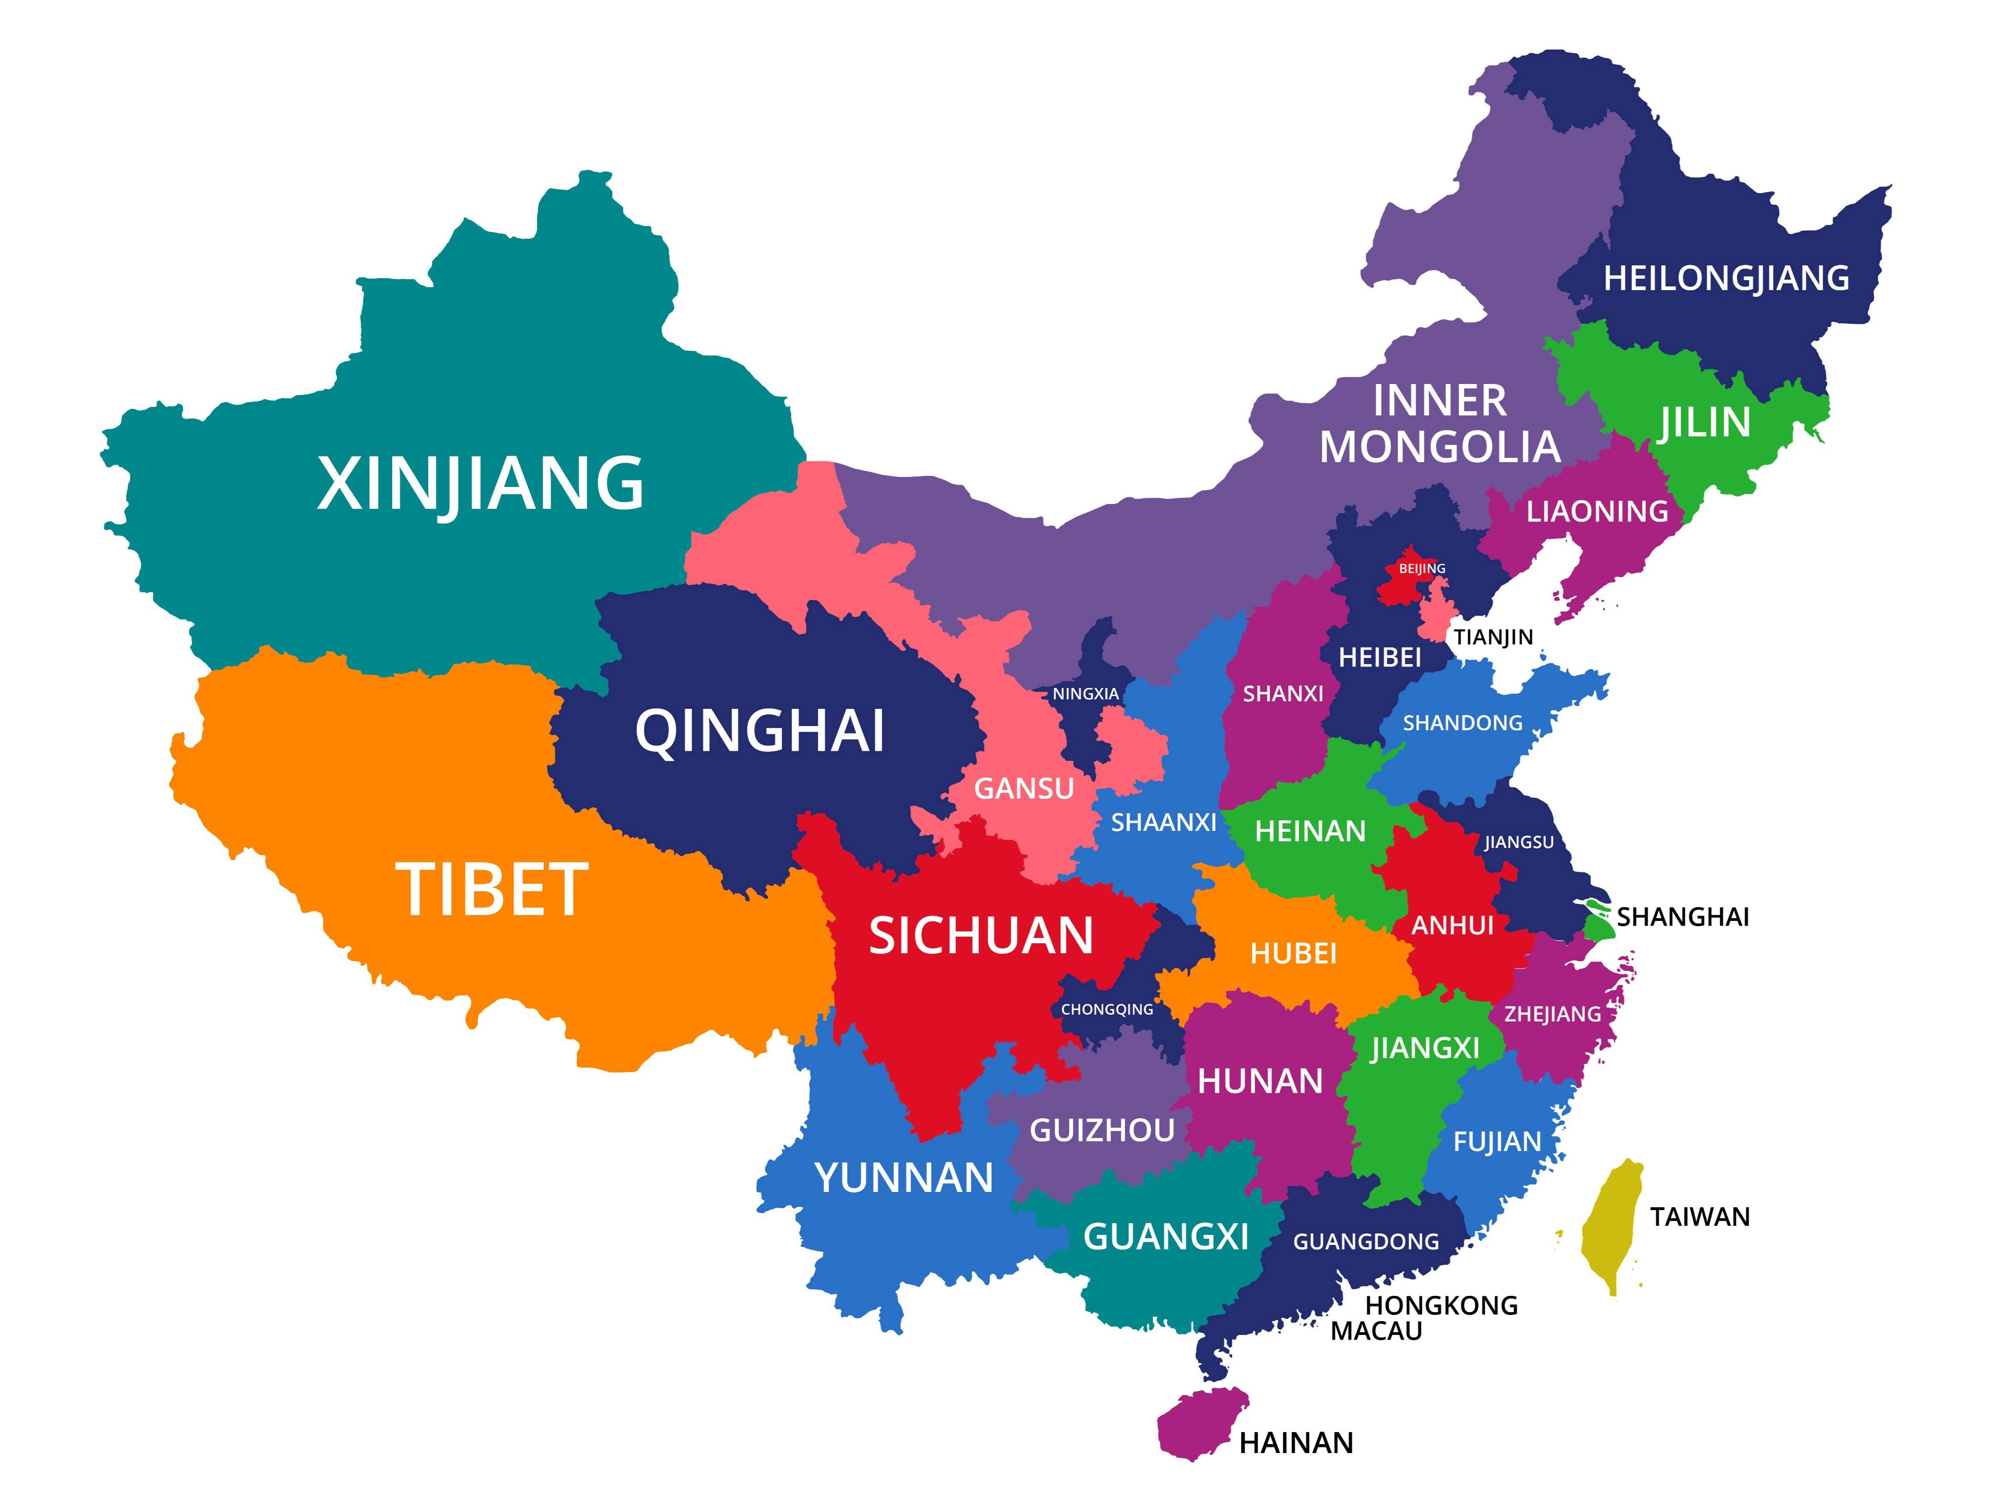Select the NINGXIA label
click(x=1085, y=694)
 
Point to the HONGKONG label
click(x=1441, y=1305)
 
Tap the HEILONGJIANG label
click(x=1726, y=278)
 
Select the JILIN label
click(x=1704, y=423)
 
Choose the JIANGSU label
click(x=1519, y=842)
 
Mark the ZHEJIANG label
click(x=1552, y=1014)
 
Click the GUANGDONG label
click(x=1366, y=1241)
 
